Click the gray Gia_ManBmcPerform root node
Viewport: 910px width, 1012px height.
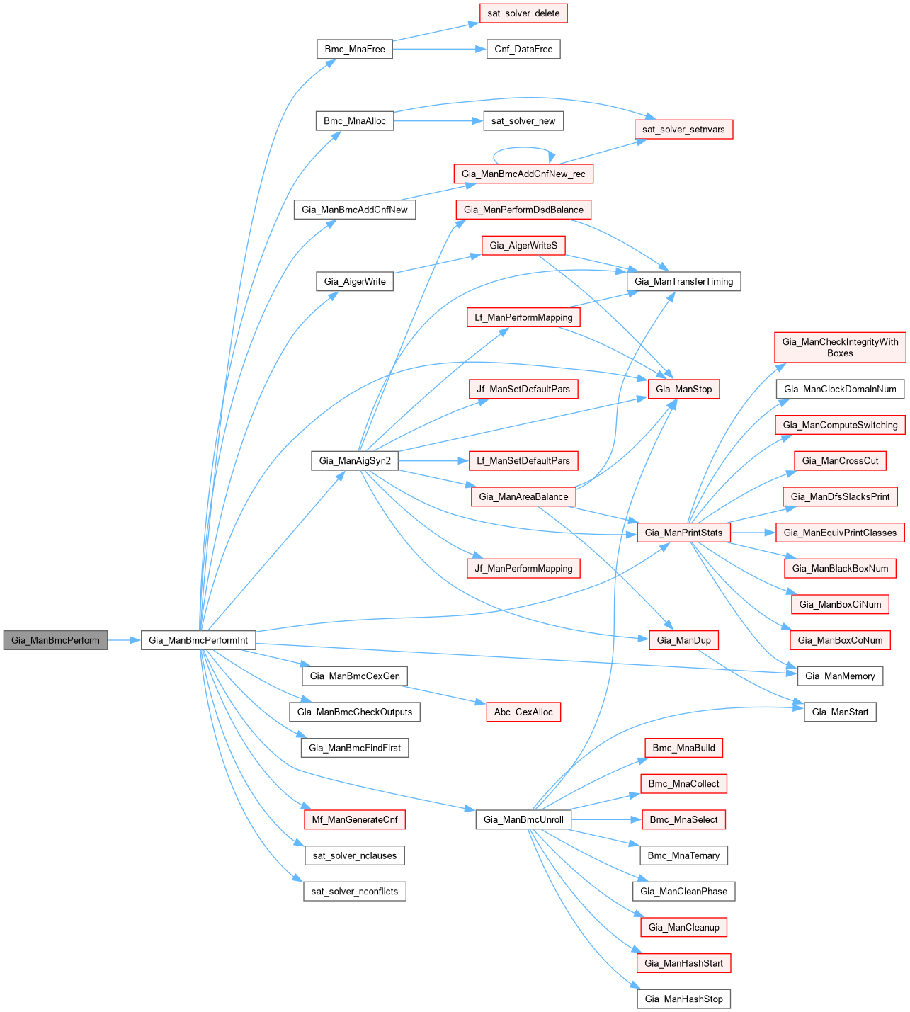tap(55, 640)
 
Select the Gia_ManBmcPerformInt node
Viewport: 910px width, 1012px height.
tap(198, 640)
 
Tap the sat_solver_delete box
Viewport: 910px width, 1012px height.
tap(523, 13)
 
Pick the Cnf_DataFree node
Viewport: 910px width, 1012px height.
tap(523, 50)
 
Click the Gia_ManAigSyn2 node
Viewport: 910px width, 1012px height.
tap(355, 461)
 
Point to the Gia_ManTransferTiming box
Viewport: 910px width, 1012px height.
tap(683, 282)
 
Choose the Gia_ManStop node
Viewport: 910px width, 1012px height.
tap(683, 389)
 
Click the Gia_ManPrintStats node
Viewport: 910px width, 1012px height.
tap(683, 533)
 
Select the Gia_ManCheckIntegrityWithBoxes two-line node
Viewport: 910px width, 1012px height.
tap(840, 347)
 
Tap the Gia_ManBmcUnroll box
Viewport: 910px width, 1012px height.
tap(523, 820)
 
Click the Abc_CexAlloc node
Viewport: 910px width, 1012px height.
tap(523, 712)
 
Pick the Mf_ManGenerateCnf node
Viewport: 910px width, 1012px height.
tap(355, 820)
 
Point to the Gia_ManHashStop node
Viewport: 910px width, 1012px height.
tap(683, 999)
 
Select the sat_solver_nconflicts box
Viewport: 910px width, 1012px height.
tap(355, 892)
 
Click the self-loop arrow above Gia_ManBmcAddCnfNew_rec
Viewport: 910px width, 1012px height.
tap(523, 148)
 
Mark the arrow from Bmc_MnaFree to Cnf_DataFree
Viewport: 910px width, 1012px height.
tap(439, 50)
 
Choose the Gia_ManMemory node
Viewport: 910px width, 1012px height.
tap(840, 676)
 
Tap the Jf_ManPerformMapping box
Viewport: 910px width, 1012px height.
tap(523, 569)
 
